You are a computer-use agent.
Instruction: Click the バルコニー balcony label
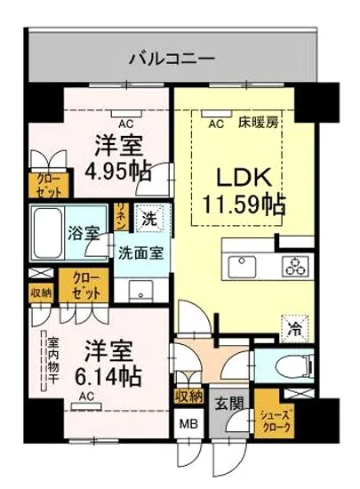[x=171, y=59]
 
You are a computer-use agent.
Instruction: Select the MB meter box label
[x=190, y=425]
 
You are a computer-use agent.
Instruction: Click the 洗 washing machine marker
[x=149, y=215]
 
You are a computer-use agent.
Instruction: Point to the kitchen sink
[x=242, y=266]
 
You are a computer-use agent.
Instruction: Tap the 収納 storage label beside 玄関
[x=189, y=397]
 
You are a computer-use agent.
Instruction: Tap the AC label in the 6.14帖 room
[x=87, y=397]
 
